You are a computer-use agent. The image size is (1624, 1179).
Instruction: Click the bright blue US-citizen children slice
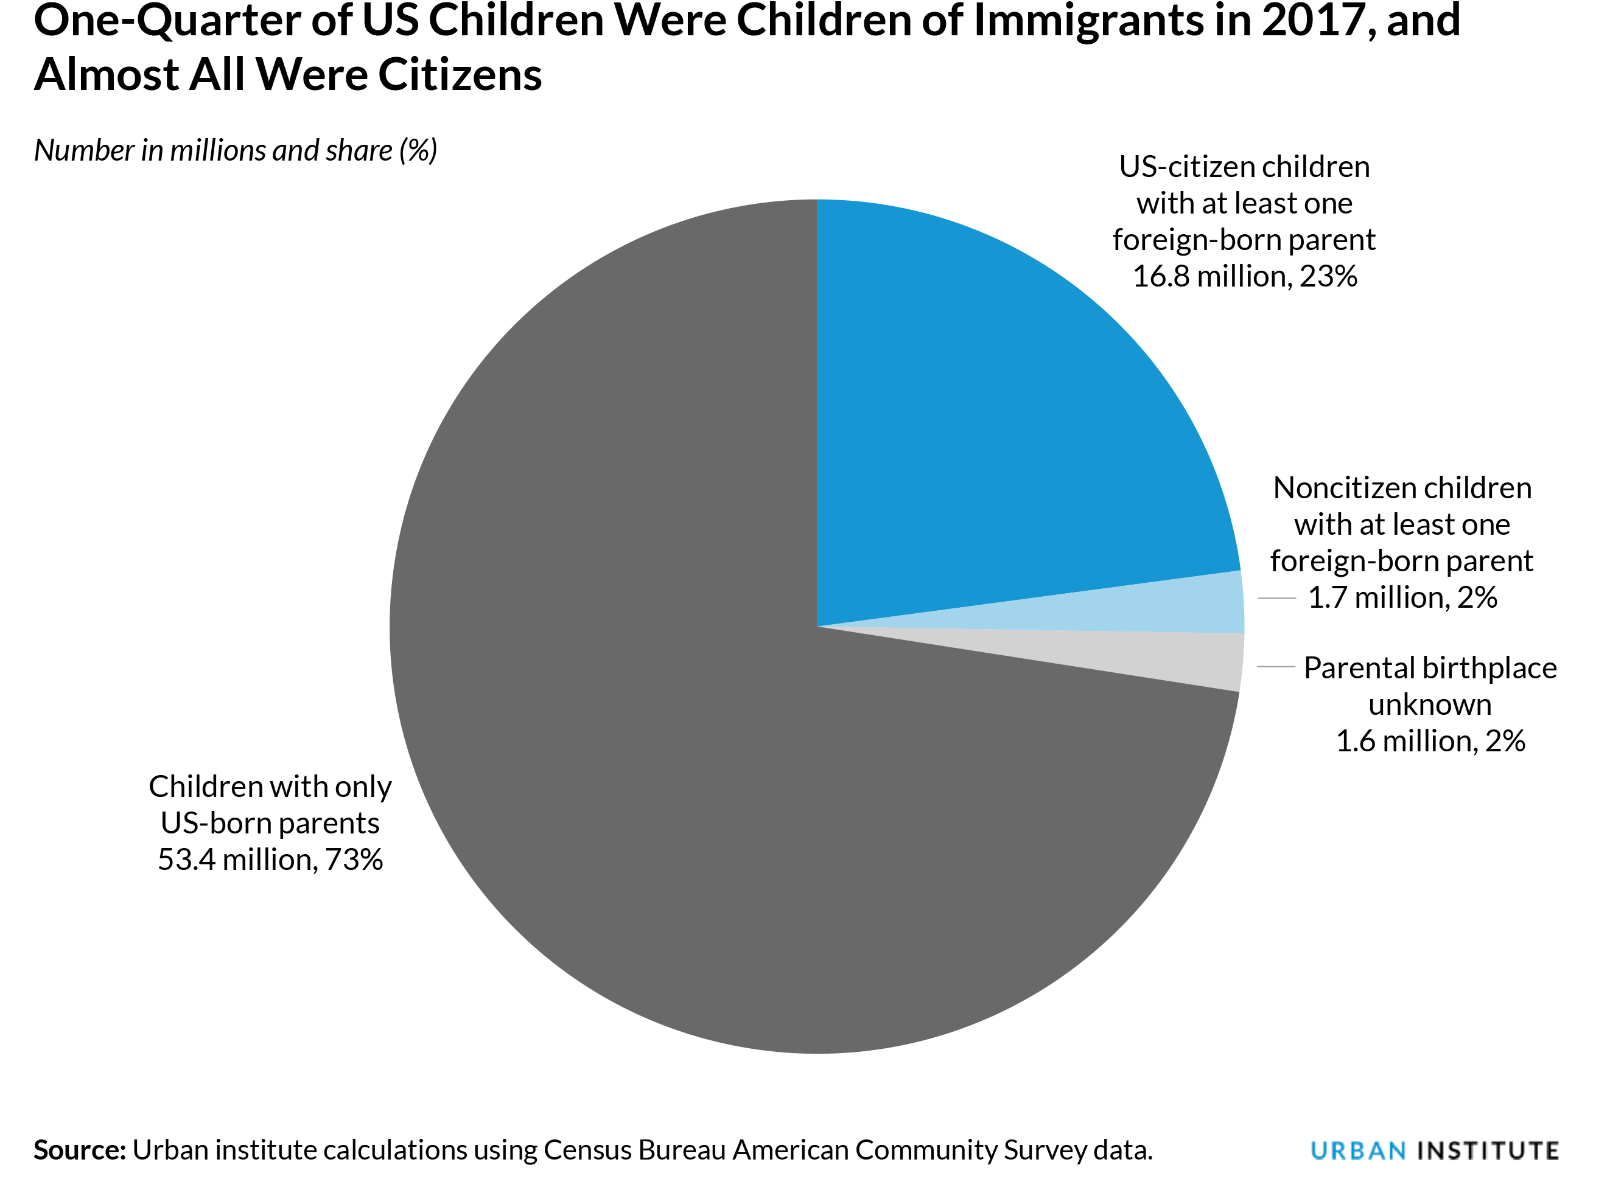[x=1003, y=430]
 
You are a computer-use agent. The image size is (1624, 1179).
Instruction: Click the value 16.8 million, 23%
[x=1245, y=276]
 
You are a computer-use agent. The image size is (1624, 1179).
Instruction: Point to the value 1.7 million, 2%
[x=1402, y=598]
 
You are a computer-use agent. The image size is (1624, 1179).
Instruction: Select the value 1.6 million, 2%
[x=1430, y=741]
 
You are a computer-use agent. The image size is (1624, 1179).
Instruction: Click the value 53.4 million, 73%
[x=270, y=860]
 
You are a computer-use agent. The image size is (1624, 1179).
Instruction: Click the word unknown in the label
[x=1430, y=704]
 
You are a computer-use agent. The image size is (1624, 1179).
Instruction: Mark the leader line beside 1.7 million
[x=1276, y=598]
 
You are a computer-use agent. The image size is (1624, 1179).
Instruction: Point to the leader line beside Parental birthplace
[x=1276, y=666]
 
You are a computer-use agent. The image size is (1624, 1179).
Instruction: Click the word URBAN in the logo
[x=1357, y=1150]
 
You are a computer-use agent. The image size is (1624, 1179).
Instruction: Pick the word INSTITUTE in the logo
[x=1488, y=1150]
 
